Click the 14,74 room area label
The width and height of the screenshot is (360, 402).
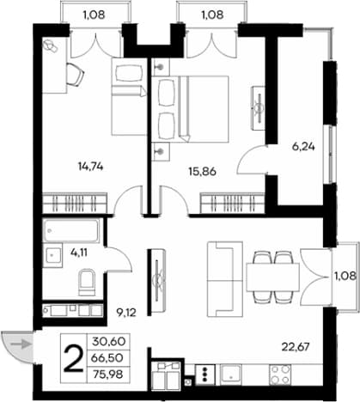pos(90,167)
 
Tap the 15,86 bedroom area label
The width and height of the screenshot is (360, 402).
pos(202,172)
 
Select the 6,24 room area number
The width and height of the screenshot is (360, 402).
pos(303,147)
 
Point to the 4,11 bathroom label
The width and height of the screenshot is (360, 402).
pos(79,253)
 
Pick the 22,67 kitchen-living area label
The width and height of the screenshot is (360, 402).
pos(296,347)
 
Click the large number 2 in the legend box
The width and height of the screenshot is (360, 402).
pos(73,358)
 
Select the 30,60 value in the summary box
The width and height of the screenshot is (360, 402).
pos(109,341)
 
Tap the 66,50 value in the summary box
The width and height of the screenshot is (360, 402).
pos(108,358)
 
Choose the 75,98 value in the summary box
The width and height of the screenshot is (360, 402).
pos(108,375)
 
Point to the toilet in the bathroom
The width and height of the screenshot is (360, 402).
pos(86,283)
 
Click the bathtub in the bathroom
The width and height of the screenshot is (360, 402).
pos(71,231)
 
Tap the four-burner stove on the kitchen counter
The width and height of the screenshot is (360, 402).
pos(280,375)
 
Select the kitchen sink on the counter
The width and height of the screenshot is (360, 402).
pos(230,375)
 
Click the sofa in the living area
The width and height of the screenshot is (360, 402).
pos(225,279)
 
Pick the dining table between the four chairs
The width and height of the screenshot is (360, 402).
pos(272,277)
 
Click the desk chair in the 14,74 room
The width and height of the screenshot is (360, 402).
pos(75,74)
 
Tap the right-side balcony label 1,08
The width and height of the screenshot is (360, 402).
pos(345,276)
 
